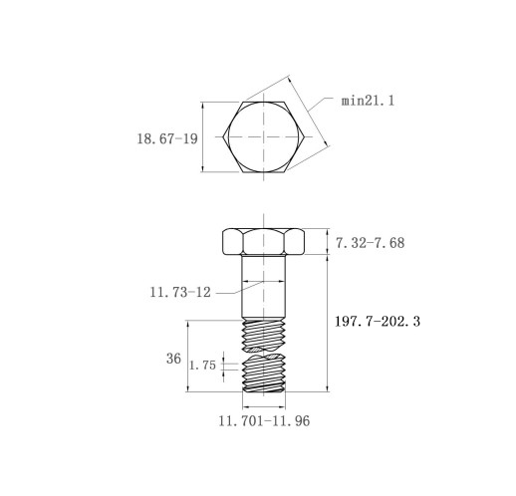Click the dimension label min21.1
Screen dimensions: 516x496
[368, 101]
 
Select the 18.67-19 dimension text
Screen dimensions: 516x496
[167, 138]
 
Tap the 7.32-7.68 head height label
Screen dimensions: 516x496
[371, 243]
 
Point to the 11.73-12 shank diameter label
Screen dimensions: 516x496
[180, 292]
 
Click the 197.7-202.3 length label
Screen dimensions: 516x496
[378, 322]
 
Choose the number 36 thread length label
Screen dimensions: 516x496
[173, 359]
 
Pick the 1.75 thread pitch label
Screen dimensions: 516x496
[202, 366]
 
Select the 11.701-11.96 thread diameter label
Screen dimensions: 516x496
[264, 421]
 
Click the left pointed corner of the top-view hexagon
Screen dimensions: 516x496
[223, 136]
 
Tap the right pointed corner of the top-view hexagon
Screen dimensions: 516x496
[305, 136]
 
